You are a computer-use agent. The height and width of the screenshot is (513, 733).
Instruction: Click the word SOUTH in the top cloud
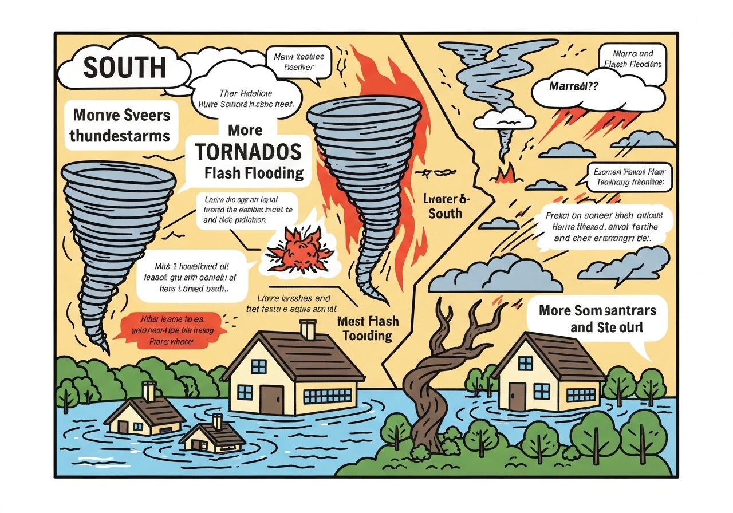(x=124, y=67)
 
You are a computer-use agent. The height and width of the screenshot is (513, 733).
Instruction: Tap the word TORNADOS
(x=247, y=151)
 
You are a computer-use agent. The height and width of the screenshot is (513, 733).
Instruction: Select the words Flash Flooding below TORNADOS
(x=254, y=173)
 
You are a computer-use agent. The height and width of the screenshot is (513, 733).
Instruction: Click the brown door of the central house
(x=271, y=396)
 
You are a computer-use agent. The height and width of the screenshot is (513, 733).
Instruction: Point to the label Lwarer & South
(x=444, y=206)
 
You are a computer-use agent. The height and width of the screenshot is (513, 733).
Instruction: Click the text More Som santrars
(x=597, y=310)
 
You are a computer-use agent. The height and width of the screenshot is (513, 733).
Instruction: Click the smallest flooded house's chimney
(x=217, y=421)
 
